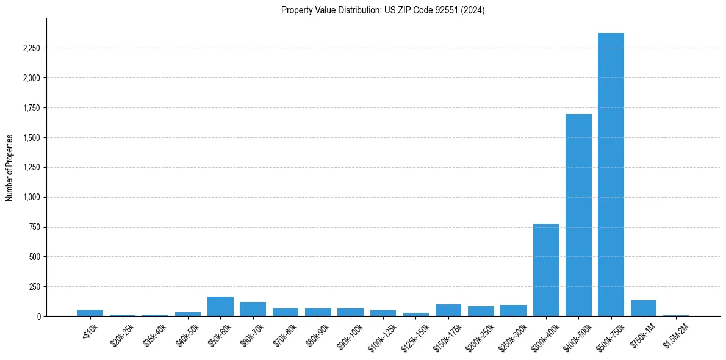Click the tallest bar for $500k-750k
tap(611, 175)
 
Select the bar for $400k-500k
tap(578, 215)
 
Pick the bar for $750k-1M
tap(643, 308)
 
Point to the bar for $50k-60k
tap(220, 306)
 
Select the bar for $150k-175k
tap(448, 310)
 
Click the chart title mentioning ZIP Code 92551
tap(383, 10)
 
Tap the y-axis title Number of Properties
tap(10, 168)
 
